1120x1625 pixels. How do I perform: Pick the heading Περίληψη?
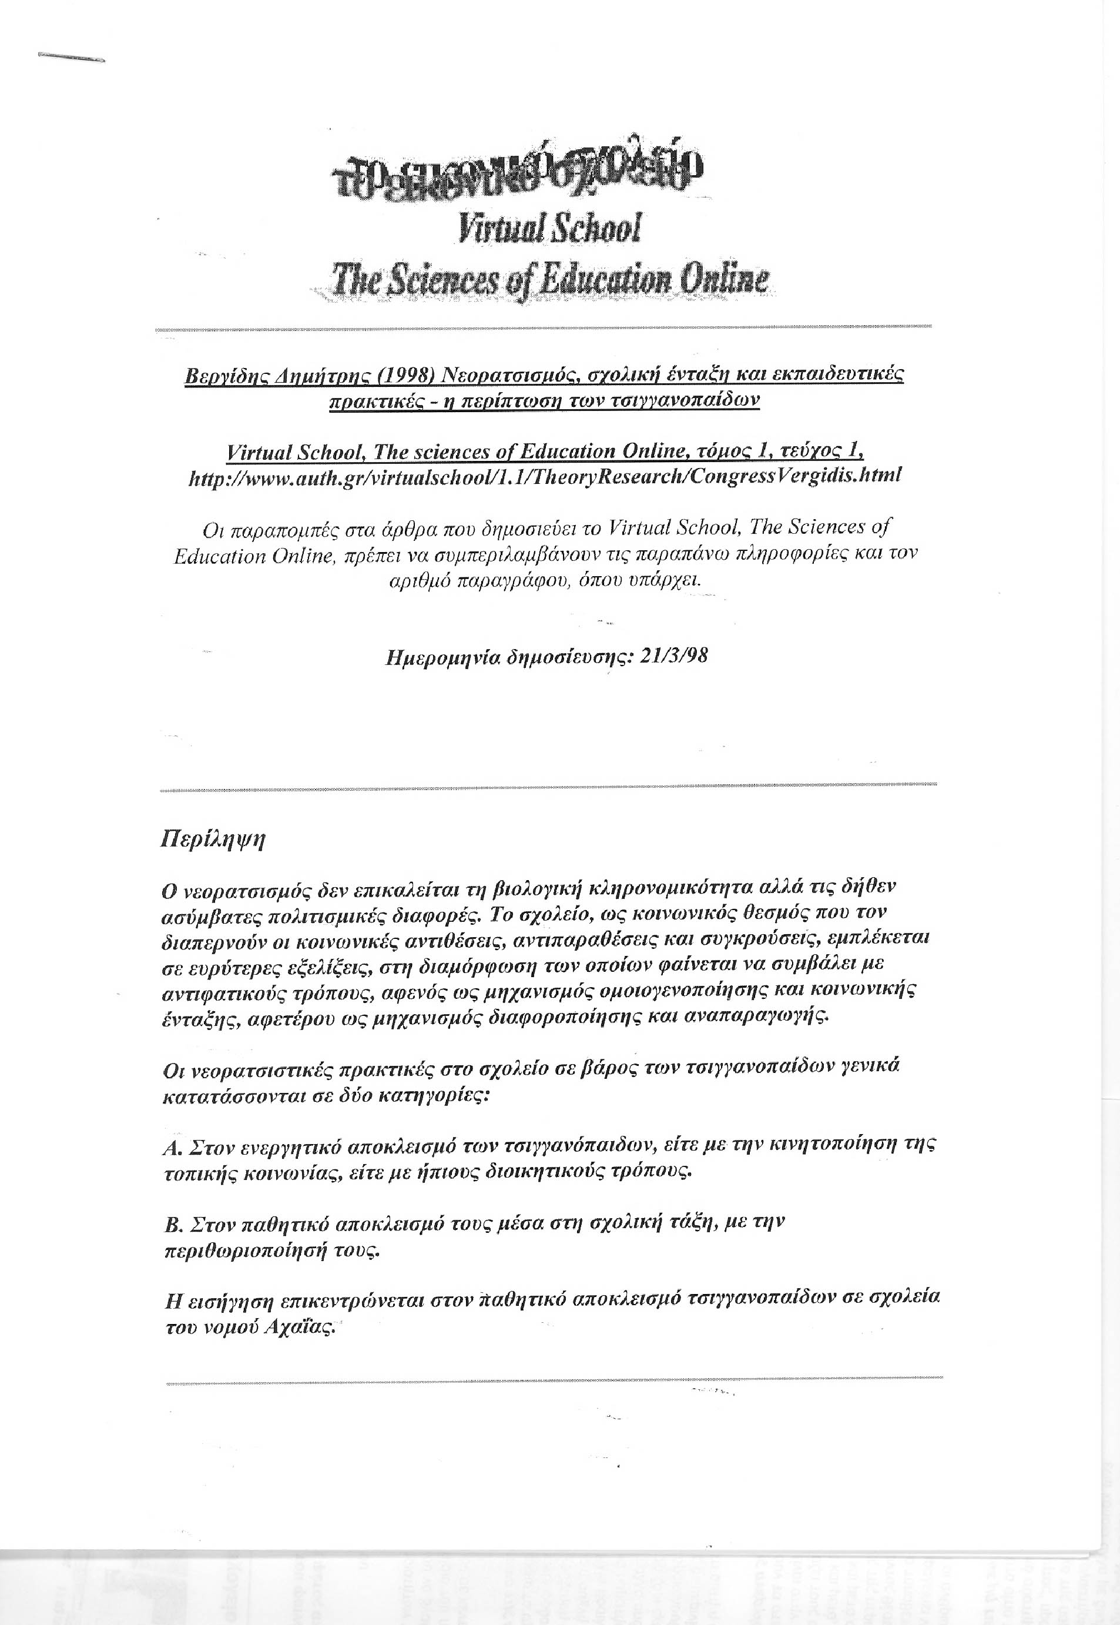click(x=213, y=840)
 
